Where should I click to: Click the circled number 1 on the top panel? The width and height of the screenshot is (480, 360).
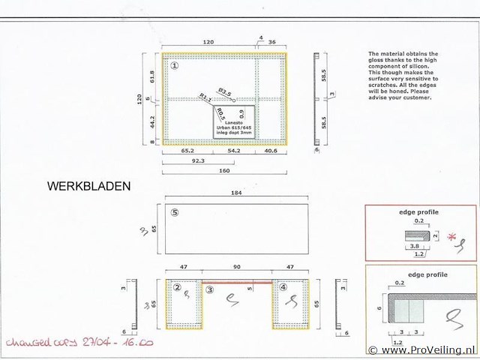pyautogui.click(x=175, y=65)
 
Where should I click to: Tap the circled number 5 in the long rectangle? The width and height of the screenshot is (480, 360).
pyautogui.click(x=175, y=212)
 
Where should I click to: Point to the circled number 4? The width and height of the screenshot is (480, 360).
pyautogui.click(x=283, y=287)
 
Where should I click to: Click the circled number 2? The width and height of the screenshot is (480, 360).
pyautogui.click(x=178, y=287)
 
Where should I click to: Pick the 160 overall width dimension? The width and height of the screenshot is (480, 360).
pyautogui.click(x=223, y=170)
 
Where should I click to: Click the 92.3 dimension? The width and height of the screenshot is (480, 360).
pyautogui.click(x=198, y=160)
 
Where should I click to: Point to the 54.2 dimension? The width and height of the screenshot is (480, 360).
pyautogui.click(x=233, y=150)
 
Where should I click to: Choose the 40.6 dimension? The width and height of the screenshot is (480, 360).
pyautogui.click(x=271, y=150)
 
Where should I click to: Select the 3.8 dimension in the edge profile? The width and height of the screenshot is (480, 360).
pyautogui.click(x=413, y=244)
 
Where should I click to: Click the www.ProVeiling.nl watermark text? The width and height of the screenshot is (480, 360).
pyautogui.click(x=428, y=349)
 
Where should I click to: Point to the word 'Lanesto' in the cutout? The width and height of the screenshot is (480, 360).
pyautogui.click(x=235, y=121)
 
